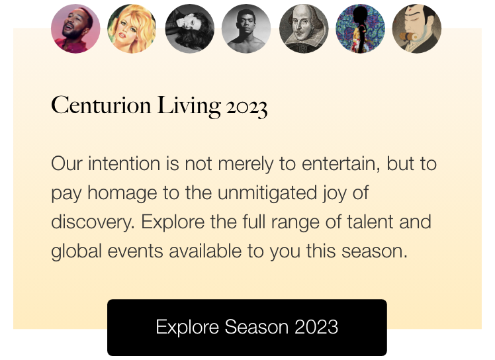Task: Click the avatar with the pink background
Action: click(x=75, y=28)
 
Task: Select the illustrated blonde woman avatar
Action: click(x=132, y=28)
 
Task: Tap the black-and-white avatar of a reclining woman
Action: click(x=189, y=28)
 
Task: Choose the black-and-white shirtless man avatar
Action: click(x=246, y=28)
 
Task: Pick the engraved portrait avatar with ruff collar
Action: click(x=304, y=28)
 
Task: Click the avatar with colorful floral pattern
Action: click(x=361, y=28)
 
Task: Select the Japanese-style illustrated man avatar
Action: click(x=417, y=28)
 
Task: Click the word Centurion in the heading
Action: click(x=101, y=105)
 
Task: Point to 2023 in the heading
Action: click(x=246, y=107)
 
